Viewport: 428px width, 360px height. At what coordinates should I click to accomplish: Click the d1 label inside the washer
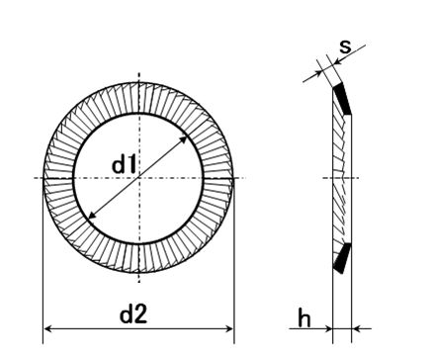coord(124,165)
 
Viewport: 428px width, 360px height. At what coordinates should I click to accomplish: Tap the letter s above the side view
coord(345,46)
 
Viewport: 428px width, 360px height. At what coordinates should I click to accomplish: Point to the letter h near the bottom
coord(304,317)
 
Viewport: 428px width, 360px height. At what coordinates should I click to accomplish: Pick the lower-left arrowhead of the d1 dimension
coord(93,216)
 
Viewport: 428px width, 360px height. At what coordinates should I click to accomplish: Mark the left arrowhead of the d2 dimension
coord(48,328)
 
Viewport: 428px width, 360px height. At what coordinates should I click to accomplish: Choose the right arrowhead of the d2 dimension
coord(228,328)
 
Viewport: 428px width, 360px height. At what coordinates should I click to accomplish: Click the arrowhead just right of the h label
coord(328,328)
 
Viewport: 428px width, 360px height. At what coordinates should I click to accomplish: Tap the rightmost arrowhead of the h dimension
coord(356,328)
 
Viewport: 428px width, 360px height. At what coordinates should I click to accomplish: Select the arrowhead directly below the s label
coord(338,61)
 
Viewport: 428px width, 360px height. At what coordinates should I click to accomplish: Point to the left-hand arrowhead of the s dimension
coord(318,73)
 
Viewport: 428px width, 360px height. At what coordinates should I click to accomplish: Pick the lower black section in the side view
coord(342,258)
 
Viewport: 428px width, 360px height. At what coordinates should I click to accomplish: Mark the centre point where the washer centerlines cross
coord(139,178)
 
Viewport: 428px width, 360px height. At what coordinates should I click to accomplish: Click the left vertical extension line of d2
coord(43,260)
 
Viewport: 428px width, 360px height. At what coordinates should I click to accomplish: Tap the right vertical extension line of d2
coord(234,260)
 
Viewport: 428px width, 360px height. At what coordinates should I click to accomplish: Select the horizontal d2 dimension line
coord(138,328)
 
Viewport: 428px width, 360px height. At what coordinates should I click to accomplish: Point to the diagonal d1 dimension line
coord(138,178)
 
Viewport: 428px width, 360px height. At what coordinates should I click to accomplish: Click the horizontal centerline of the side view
coord(340,178)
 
